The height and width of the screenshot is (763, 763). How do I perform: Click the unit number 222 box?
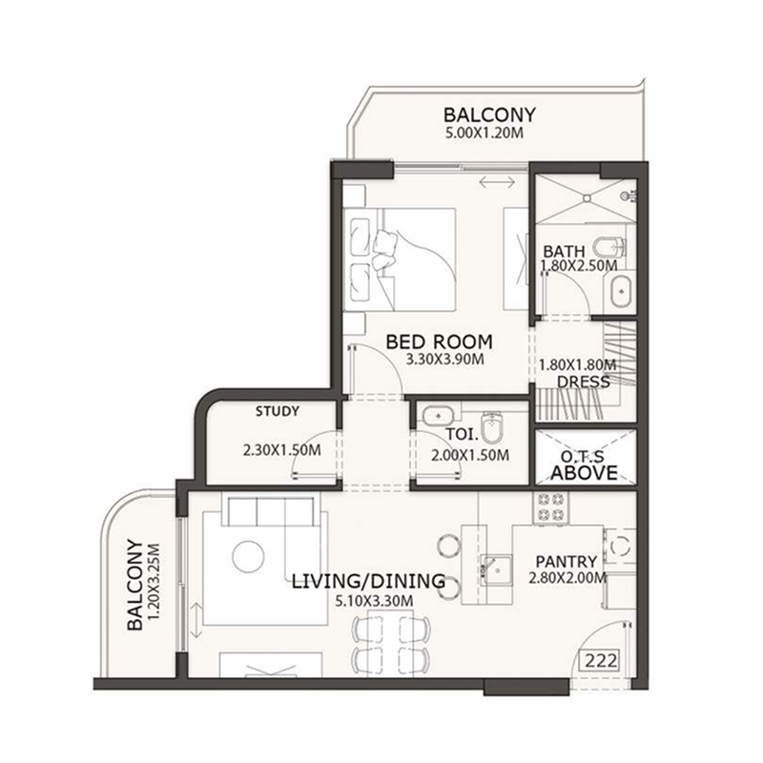602,661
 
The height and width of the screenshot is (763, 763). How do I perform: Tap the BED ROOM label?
439,341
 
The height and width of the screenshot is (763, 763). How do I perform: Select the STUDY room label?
278,411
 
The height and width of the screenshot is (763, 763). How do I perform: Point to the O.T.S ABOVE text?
584,465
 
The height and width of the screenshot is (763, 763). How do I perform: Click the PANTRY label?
566,562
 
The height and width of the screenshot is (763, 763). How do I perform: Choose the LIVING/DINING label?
368,581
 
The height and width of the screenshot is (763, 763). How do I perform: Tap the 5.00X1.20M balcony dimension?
485,133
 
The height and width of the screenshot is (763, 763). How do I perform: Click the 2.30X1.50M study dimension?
281,450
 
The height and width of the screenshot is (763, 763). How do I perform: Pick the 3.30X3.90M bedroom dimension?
444,360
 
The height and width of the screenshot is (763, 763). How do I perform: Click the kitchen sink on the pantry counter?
496,569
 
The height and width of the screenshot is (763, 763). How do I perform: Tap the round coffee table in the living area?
248,556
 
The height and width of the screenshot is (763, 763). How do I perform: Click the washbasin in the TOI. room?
438,417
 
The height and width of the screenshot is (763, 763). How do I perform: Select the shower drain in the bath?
587,198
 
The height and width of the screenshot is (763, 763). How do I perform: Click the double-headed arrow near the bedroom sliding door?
497,182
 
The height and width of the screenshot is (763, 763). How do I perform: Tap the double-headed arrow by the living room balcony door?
196,620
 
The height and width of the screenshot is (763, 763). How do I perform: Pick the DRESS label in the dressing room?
583,381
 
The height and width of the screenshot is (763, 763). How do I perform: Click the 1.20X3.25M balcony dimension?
154,582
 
